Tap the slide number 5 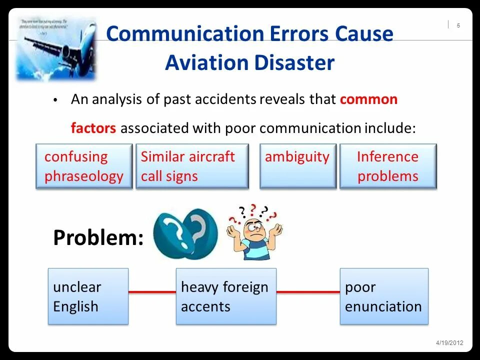tap(458, 26)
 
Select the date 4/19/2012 tap(449, 342)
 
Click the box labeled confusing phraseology tap(84, 166)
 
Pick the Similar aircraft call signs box tap(192, 166)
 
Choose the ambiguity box tap(297, 166)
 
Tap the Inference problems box tap(388, 166)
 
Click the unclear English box tap(88, 296)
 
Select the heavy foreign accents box tap(226, 296)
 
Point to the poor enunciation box tap(384, 296)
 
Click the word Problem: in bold tap(98, 238)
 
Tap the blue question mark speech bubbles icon tap(185, 233)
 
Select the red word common tap(368, 99)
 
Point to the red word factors tap(93, 128)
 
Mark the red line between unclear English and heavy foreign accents tap(152, 291)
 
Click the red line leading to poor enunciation tap(308, 291)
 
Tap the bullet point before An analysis tap(56, 100)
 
